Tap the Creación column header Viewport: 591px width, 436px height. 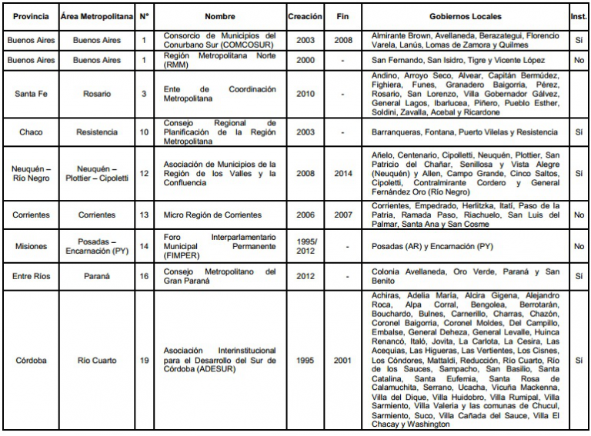(x=306, y=16)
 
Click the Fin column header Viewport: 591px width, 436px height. (x=342, y=16)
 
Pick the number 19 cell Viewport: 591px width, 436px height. (x=144, y=360)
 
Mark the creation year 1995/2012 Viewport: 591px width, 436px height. (x=306, y=245)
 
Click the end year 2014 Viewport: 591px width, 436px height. (x=342, y=174)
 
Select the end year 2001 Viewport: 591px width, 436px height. (x=342, y=360)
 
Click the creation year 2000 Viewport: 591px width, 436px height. (x=306, y=60)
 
